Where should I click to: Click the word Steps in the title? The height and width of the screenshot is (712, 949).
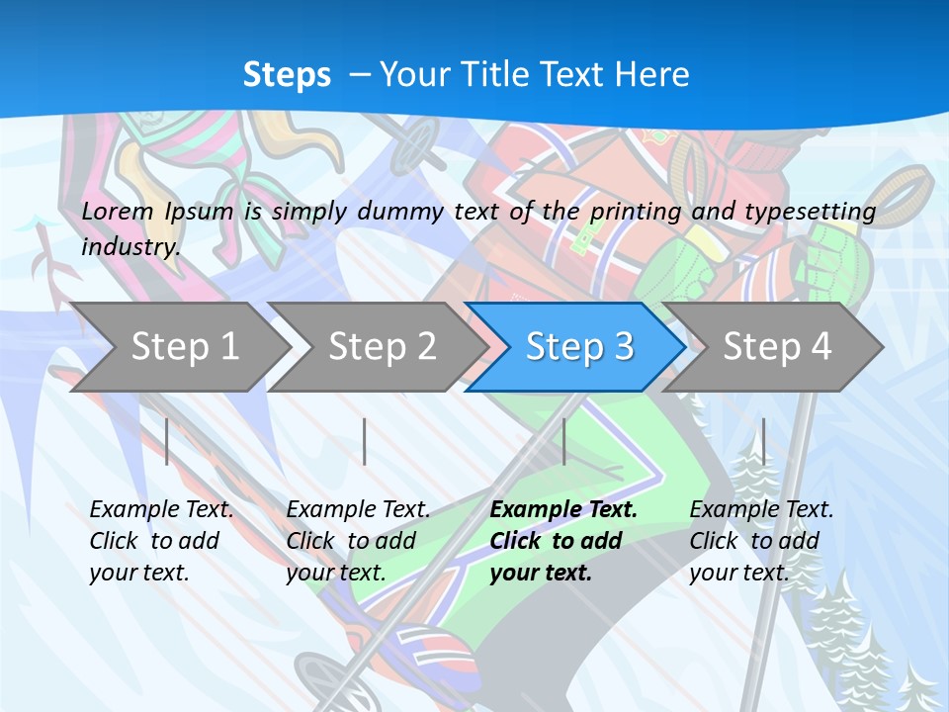pos(287,75)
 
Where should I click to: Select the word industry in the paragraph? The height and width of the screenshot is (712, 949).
pos(129,246)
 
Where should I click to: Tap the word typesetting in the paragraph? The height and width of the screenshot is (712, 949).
pos(810,212)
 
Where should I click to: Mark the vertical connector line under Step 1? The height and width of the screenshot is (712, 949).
pos(167,441)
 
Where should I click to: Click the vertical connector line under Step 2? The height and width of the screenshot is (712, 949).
pos(365,441)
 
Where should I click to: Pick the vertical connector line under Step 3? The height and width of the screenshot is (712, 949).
pos(563,441)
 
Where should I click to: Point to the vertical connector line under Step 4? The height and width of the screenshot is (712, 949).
pos(763,441)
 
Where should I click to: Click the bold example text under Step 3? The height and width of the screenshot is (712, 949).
pos(561,541)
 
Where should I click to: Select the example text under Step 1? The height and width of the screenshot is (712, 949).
pos(160,541)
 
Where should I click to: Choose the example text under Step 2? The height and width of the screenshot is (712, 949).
pos(357,541)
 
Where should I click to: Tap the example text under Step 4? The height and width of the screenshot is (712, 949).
pos(760,541)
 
